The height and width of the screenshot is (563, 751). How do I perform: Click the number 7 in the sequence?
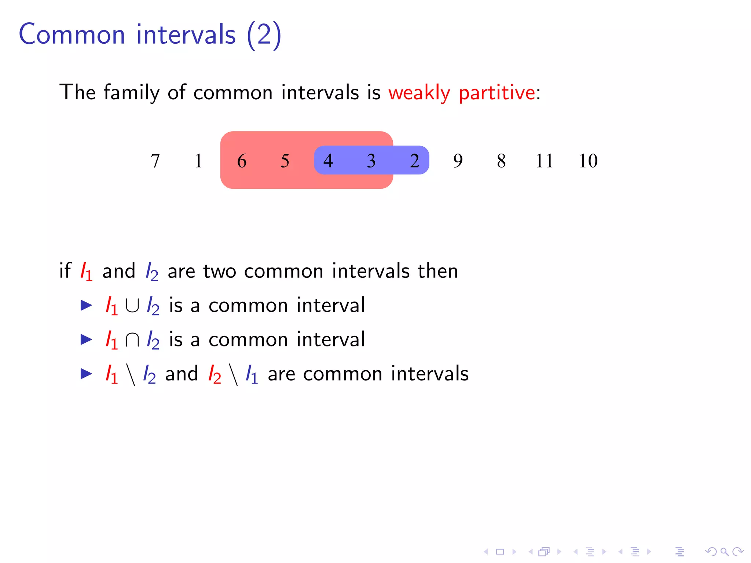click(x=155, y=161)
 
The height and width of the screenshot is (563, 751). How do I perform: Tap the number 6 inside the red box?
click(x=242, y=161)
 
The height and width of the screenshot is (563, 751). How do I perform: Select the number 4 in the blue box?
click(x=328, y=161)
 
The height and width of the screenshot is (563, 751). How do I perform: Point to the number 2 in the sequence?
click(x=414, y=161)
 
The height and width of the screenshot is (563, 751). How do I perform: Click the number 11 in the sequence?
click(x=544, y=161)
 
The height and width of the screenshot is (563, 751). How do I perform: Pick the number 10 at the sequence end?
click(x=588, y=161)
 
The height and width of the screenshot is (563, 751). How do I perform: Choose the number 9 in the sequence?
click(x=458, y=161)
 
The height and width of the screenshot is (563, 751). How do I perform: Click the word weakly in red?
click(x=419, y=93)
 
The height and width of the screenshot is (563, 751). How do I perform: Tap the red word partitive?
click(x=497, y=93)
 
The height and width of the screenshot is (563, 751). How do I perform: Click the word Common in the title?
click(x=72, y=34)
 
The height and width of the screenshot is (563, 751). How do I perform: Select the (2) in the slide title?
click(x=264, y=34)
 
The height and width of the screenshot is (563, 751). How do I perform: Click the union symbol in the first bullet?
click(x=132, y=306)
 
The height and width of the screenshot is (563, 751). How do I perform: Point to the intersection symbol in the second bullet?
click(x=132, y=340)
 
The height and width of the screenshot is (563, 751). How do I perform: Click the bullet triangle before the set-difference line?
click(x=86, y=374)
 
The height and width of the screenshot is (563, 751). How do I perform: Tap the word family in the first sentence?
click(x=132, y=93)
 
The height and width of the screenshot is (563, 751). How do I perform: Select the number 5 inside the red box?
click(x=285, y=161)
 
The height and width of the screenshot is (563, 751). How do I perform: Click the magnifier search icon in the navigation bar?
click(x=724, y=552)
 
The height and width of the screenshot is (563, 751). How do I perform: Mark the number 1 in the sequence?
click(x=198, y=161)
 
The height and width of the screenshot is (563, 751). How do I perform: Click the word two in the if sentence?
click(x=220, y=271)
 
